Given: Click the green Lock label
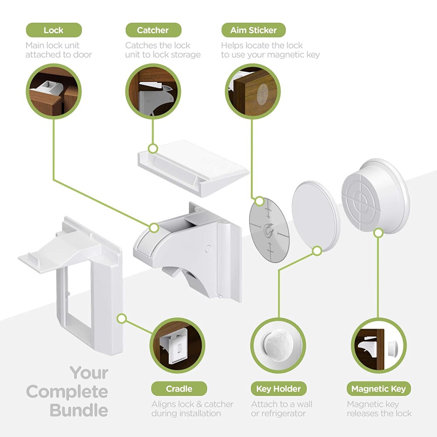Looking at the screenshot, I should [53, 30].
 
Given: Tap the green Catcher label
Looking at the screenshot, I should [153, 30].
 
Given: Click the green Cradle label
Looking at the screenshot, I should [179, 388].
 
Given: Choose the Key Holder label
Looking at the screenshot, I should [278, 388].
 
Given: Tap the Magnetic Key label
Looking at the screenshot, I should [378, 388].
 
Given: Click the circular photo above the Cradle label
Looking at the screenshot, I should [179, 345].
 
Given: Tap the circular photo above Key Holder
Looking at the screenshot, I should [278, 345].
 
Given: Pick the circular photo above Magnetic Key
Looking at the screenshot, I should [378, 345].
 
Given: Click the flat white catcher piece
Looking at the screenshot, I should [192, 166].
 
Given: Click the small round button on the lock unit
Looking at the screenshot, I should [208, 249].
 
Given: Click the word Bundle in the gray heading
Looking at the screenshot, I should [79, 410].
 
